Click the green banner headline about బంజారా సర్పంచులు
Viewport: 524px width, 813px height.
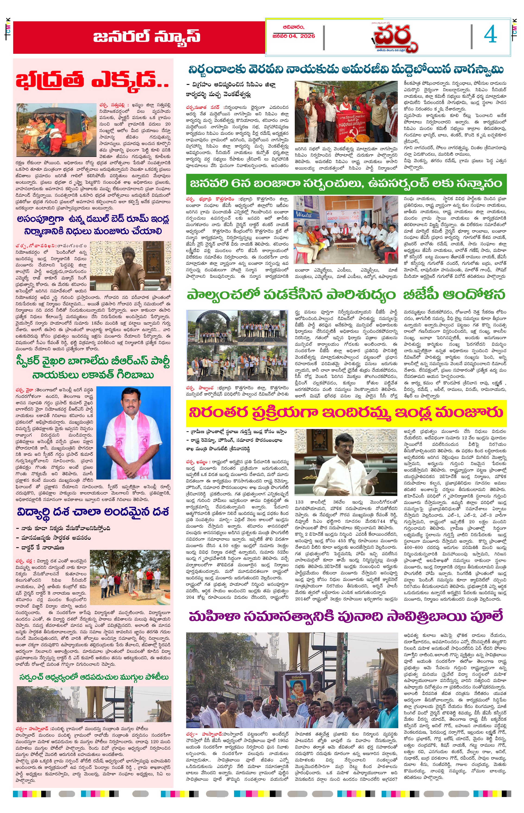click(346, 184)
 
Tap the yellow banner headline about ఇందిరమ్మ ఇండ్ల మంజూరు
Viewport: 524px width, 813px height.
click(346, 412)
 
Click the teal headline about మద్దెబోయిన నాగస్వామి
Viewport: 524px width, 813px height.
click(346, 70)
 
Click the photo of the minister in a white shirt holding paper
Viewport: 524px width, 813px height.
click(346, 462)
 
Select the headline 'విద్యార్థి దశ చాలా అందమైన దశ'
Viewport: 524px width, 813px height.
click(93, 512)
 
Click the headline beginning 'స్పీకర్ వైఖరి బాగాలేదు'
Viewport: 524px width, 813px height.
click(93, 368)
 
